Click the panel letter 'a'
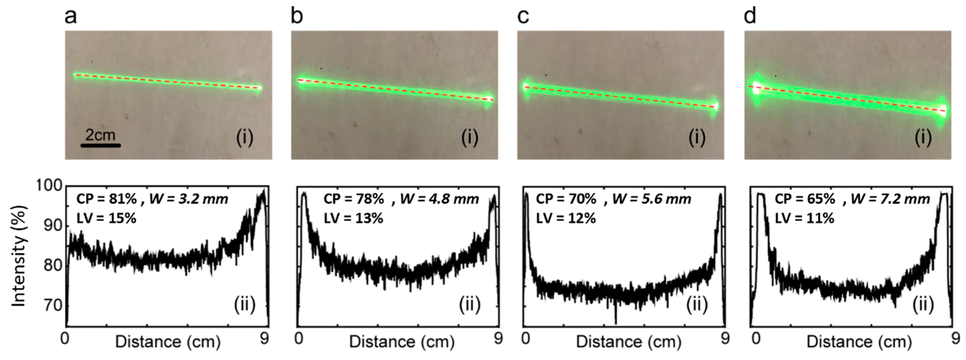click(70, 17)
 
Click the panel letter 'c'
click(523, 17)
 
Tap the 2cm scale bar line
click(100, 145)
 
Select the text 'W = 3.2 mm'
click(189, 199)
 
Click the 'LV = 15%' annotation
click(106, 218)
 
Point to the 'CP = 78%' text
click(353, 199)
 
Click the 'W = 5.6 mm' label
click(652, 199)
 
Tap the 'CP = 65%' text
click(805, 199)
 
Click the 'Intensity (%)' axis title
click(19, 256)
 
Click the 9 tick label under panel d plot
click(955, 339)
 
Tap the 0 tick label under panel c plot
click(526, 339)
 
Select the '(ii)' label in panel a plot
click(244, 305)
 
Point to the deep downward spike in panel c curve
click(616, 321)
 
